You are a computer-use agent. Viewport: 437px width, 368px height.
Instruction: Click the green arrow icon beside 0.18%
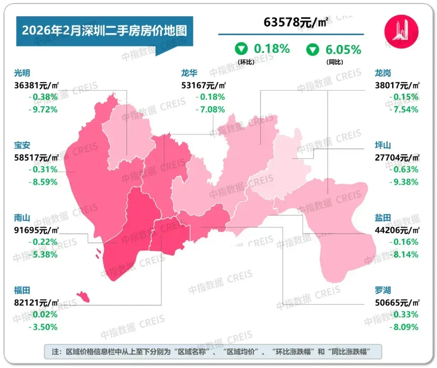tap(241, 49)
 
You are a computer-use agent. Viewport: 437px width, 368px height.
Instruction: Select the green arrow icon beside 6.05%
tap(312, 50)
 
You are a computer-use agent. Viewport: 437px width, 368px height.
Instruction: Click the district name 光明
tap(22, 73)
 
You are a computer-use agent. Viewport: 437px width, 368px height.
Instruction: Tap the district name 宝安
tap(22, 146)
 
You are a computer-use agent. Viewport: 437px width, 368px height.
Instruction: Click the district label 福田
tap(22, 290)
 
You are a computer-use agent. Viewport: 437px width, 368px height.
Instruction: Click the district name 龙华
tap(190, 73)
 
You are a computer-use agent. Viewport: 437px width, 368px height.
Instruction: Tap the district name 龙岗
tap(383, 73)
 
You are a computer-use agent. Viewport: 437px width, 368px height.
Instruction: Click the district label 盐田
tap(383, 218)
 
